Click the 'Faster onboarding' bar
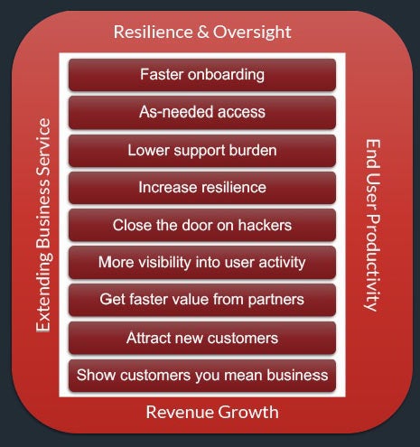click(202, 75)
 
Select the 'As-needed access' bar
click(202, 112)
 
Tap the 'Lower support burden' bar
click(202, 150)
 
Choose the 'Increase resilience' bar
click(202, 188)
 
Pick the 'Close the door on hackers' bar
click(202, 225)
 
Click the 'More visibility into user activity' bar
click(202, 263)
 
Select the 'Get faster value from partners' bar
click(202, 300)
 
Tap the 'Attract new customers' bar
click(202, 338)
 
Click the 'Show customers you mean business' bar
click(202, 376)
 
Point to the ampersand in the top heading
click(203, 32)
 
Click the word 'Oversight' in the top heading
click(252, 33)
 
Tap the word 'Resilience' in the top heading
click(153, 32)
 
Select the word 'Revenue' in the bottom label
click(179, 412)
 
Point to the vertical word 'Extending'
click(43, 292)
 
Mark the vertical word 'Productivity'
click(373, 263)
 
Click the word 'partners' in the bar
click(276, 301)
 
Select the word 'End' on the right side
click(373, 154)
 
